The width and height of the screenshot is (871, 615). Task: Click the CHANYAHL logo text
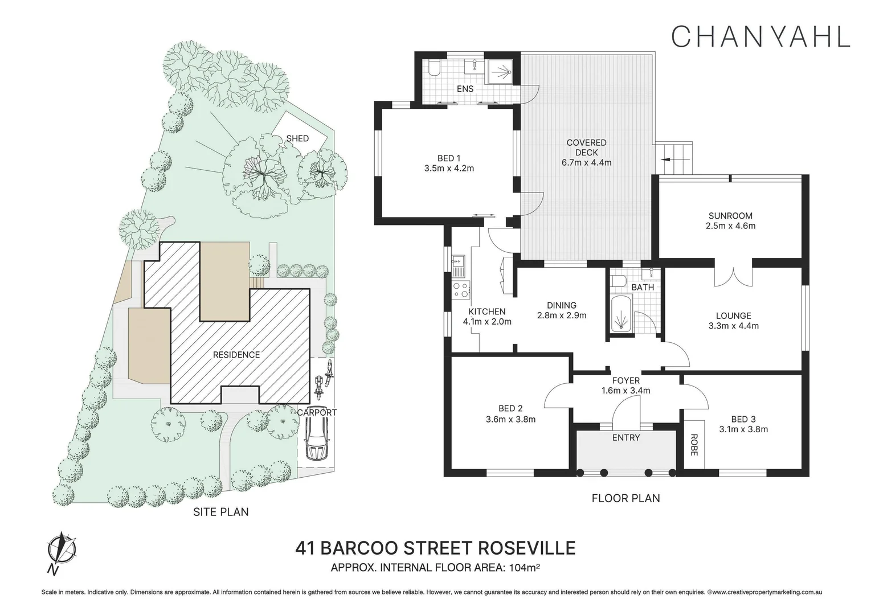coord(760,36)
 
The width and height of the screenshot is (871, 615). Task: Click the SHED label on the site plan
coord(297,138)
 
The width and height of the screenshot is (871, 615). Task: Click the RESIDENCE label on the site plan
coord(236,355)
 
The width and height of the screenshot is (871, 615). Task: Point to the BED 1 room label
coord(449,158)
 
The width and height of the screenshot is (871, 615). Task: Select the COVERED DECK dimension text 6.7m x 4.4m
coord(586,162)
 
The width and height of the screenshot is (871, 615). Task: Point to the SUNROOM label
coord(730,216)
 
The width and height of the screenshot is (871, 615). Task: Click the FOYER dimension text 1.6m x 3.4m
coord(625,391)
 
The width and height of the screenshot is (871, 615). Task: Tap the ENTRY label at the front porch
coord(626,437)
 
